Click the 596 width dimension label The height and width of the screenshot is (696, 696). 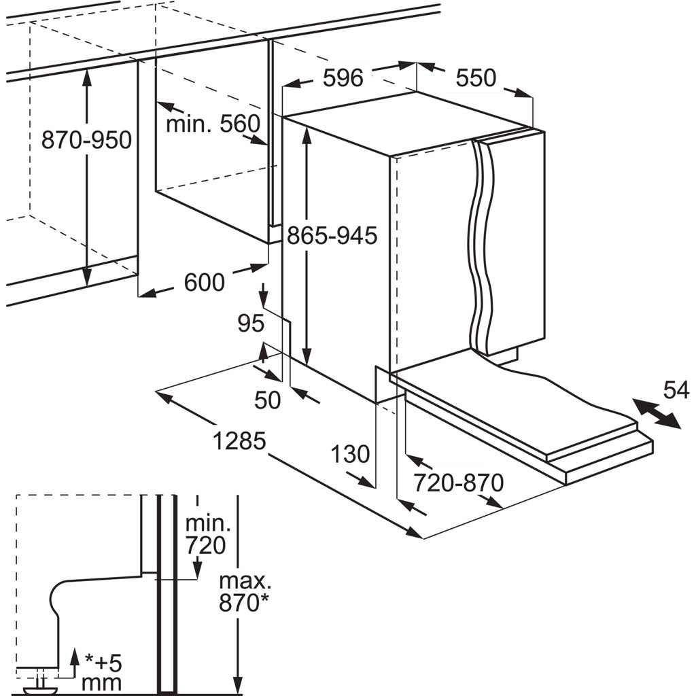click(x=343, y=78)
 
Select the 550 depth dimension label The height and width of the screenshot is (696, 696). click(x=475, y=78)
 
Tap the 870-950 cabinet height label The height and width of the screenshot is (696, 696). click(x=86, y=140)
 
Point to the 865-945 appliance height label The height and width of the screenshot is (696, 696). click(x=332, y=236)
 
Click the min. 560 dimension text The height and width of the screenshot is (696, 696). click(x=213, y=124)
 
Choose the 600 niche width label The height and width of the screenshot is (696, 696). click(x=204, y=282)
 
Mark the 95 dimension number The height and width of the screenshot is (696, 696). click(x=251, y=323)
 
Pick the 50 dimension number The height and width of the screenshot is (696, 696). click(x=268, y=400)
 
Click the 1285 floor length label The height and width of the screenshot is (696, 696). click(x=239, y=441)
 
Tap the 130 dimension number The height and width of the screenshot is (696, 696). click(x=350, y=455)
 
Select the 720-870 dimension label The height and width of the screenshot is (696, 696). click(x=459, y=483)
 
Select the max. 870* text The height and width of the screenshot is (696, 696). click(x=244, y=592)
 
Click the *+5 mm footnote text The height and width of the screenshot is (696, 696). click(x=102, y=675)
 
